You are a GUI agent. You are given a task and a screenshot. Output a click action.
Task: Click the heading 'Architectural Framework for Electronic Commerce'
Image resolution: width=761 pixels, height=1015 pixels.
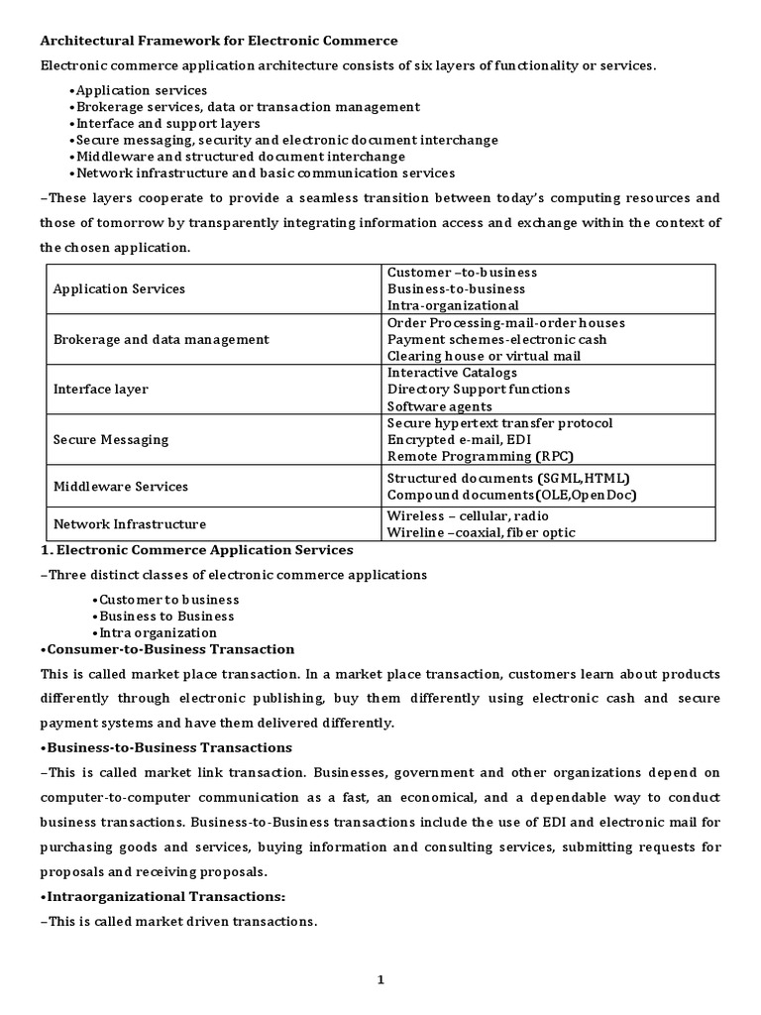pos(218,41)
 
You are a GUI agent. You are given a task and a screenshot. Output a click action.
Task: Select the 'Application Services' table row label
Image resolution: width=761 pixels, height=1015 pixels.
pos(119,288)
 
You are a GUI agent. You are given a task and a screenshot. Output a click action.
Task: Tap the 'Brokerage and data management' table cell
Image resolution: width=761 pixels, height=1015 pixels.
pos(161,339)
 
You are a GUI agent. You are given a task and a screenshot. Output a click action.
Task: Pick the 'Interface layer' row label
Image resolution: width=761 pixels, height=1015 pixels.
pos(100,390)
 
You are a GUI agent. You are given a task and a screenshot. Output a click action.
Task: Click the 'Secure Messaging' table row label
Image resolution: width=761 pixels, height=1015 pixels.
pos(110,439)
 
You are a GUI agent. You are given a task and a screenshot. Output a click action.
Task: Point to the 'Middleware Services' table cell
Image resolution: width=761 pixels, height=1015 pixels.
pos(120,487)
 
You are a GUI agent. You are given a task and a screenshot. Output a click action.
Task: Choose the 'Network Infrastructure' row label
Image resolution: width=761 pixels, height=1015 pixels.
pos(129,523)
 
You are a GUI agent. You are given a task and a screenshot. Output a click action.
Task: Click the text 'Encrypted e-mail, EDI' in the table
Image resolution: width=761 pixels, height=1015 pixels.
pos(462,440)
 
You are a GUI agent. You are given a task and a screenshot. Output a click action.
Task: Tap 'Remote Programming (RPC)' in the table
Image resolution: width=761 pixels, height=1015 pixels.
pos(480,456)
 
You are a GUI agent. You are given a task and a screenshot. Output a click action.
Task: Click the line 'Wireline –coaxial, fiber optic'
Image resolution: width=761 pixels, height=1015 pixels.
pos(481,532)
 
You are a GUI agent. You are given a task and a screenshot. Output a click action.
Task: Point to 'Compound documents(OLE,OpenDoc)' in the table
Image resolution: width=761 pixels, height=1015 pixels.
pos(511,495)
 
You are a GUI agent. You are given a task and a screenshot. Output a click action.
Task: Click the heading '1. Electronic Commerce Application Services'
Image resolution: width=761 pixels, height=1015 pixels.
pos(196,550)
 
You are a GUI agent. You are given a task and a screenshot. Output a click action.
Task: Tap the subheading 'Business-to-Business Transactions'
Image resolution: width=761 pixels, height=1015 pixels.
pos(165,747)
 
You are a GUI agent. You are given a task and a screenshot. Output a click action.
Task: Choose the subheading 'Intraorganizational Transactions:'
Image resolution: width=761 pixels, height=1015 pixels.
pos(162,896)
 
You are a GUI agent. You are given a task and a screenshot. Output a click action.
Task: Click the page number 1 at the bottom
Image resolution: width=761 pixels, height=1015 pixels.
pos(380,980)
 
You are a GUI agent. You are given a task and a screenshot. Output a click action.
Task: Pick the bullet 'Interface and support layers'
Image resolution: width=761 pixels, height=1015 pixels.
pos(164,124)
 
